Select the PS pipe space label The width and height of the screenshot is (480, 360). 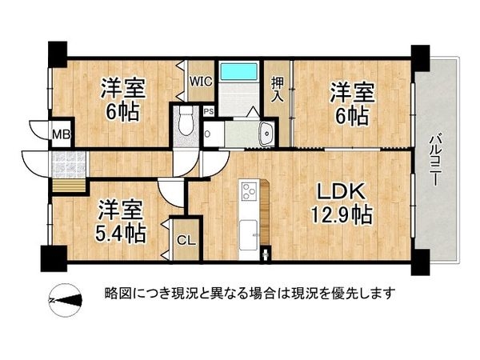click(x=208, y=112)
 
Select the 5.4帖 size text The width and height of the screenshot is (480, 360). click(x=122, y=233)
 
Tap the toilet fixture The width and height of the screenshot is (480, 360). click(x=186, y=123)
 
